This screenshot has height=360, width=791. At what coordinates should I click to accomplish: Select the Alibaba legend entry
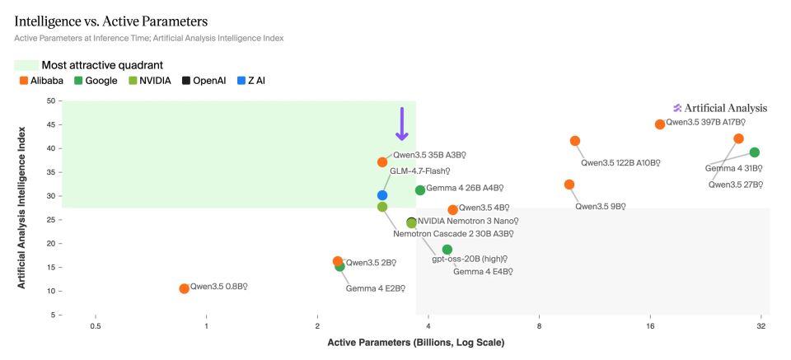pyautogui.click(x=41, y=81)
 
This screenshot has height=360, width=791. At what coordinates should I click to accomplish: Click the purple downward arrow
pyautogui.click(x=402, y=124)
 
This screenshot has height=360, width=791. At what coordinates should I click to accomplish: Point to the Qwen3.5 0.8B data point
pyautogui.click(x=184, y=288)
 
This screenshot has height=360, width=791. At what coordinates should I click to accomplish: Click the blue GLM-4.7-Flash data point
pyautogui.click(x=382, y=195)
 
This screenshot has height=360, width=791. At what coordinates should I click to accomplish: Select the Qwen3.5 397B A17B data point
pyautogui.click(x=660, y=124)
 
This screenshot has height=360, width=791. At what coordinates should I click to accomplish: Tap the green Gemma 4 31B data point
pyautogui.click(x=754, y=152)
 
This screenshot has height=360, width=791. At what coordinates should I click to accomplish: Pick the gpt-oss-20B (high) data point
pyautogui.click(x=447, y=250)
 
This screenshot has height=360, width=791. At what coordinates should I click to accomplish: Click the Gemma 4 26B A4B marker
pyautogui.click(x=420, y=190)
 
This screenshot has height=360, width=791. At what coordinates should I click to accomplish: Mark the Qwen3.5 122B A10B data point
pyautogui.click(x=575, y=141)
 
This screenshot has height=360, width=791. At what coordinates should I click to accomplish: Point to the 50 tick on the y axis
pyautogui.click(x=50, y=101)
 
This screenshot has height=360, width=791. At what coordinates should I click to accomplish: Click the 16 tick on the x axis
pyautogui.click(x=650, y=326)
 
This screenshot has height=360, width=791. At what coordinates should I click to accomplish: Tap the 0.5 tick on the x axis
pyautogui.click(x=96, y=326)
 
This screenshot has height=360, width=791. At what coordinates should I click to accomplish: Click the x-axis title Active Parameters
pyautogui.click(x=415, y=342)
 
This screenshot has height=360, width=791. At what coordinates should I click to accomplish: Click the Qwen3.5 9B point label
pyautogui.click(x=602, y=207)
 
